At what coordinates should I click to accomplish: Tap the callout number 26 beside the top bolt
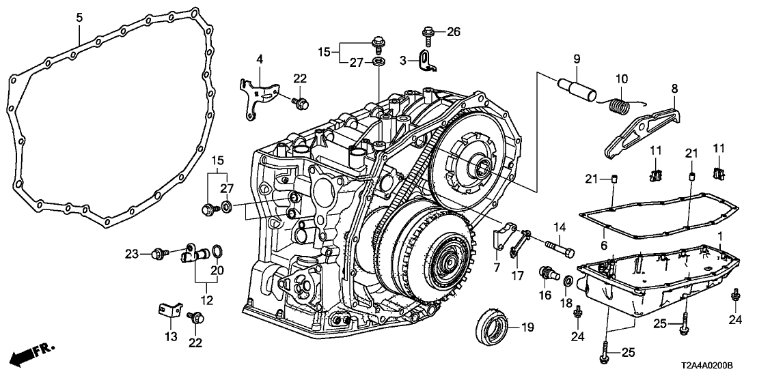pos(454,31)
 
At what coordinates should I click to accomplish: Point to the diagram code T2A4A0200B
pos(713,366)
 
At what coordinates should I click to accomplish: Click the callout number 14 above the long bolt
pos(560,227)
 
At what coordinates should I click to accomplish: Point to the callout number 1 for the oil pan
pos(719,235)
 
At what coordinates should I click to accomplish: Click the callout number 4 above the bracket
pos(259,60)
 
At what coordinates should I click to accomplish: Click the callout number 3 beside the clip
pos(403,61)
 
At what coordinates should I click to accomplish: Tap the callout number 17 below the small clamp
pos(517,277)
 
